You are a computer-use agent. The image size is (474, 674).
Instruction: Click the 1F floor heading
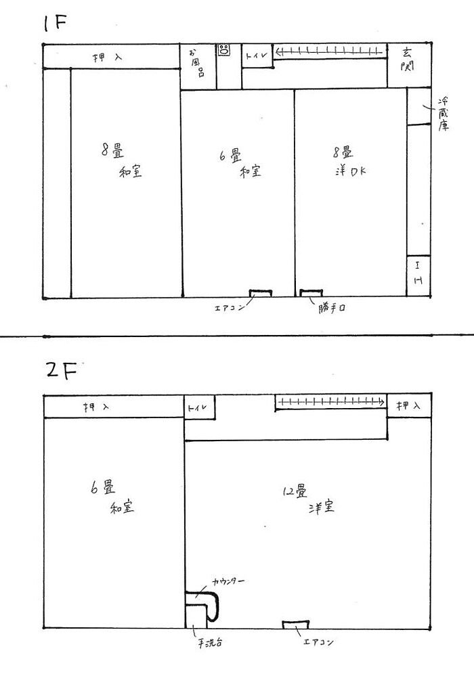pyautogui.click(x=56, y=24)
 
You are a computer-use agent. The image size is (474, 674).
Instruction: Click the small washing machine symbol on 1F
pyautogui.click(x=224, y=50)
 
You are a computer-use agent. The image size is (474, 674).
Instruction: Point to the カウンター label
pyautogui.click(x=228, y=581)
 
